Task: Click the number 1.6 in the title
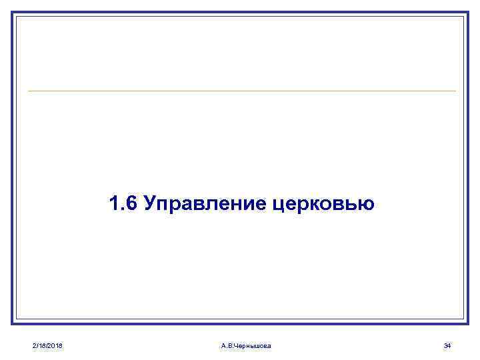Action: [x=123, y=203]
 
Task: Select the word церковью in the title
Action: [x=323, y=203]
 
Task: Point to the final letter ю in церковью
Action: [x=367, y=204]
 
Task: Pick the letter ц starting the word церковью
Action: [x=279, y=205]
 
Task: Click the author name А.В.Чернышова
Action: [x=245, y=345]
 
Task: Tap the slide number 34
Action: [x=447, y=345]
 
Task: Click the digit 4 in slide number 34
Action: [x=449, y=345]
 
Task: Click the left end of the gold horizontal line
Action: [x=29, y=91]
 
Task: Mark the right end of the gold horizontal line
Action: [x=455, y=91]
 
